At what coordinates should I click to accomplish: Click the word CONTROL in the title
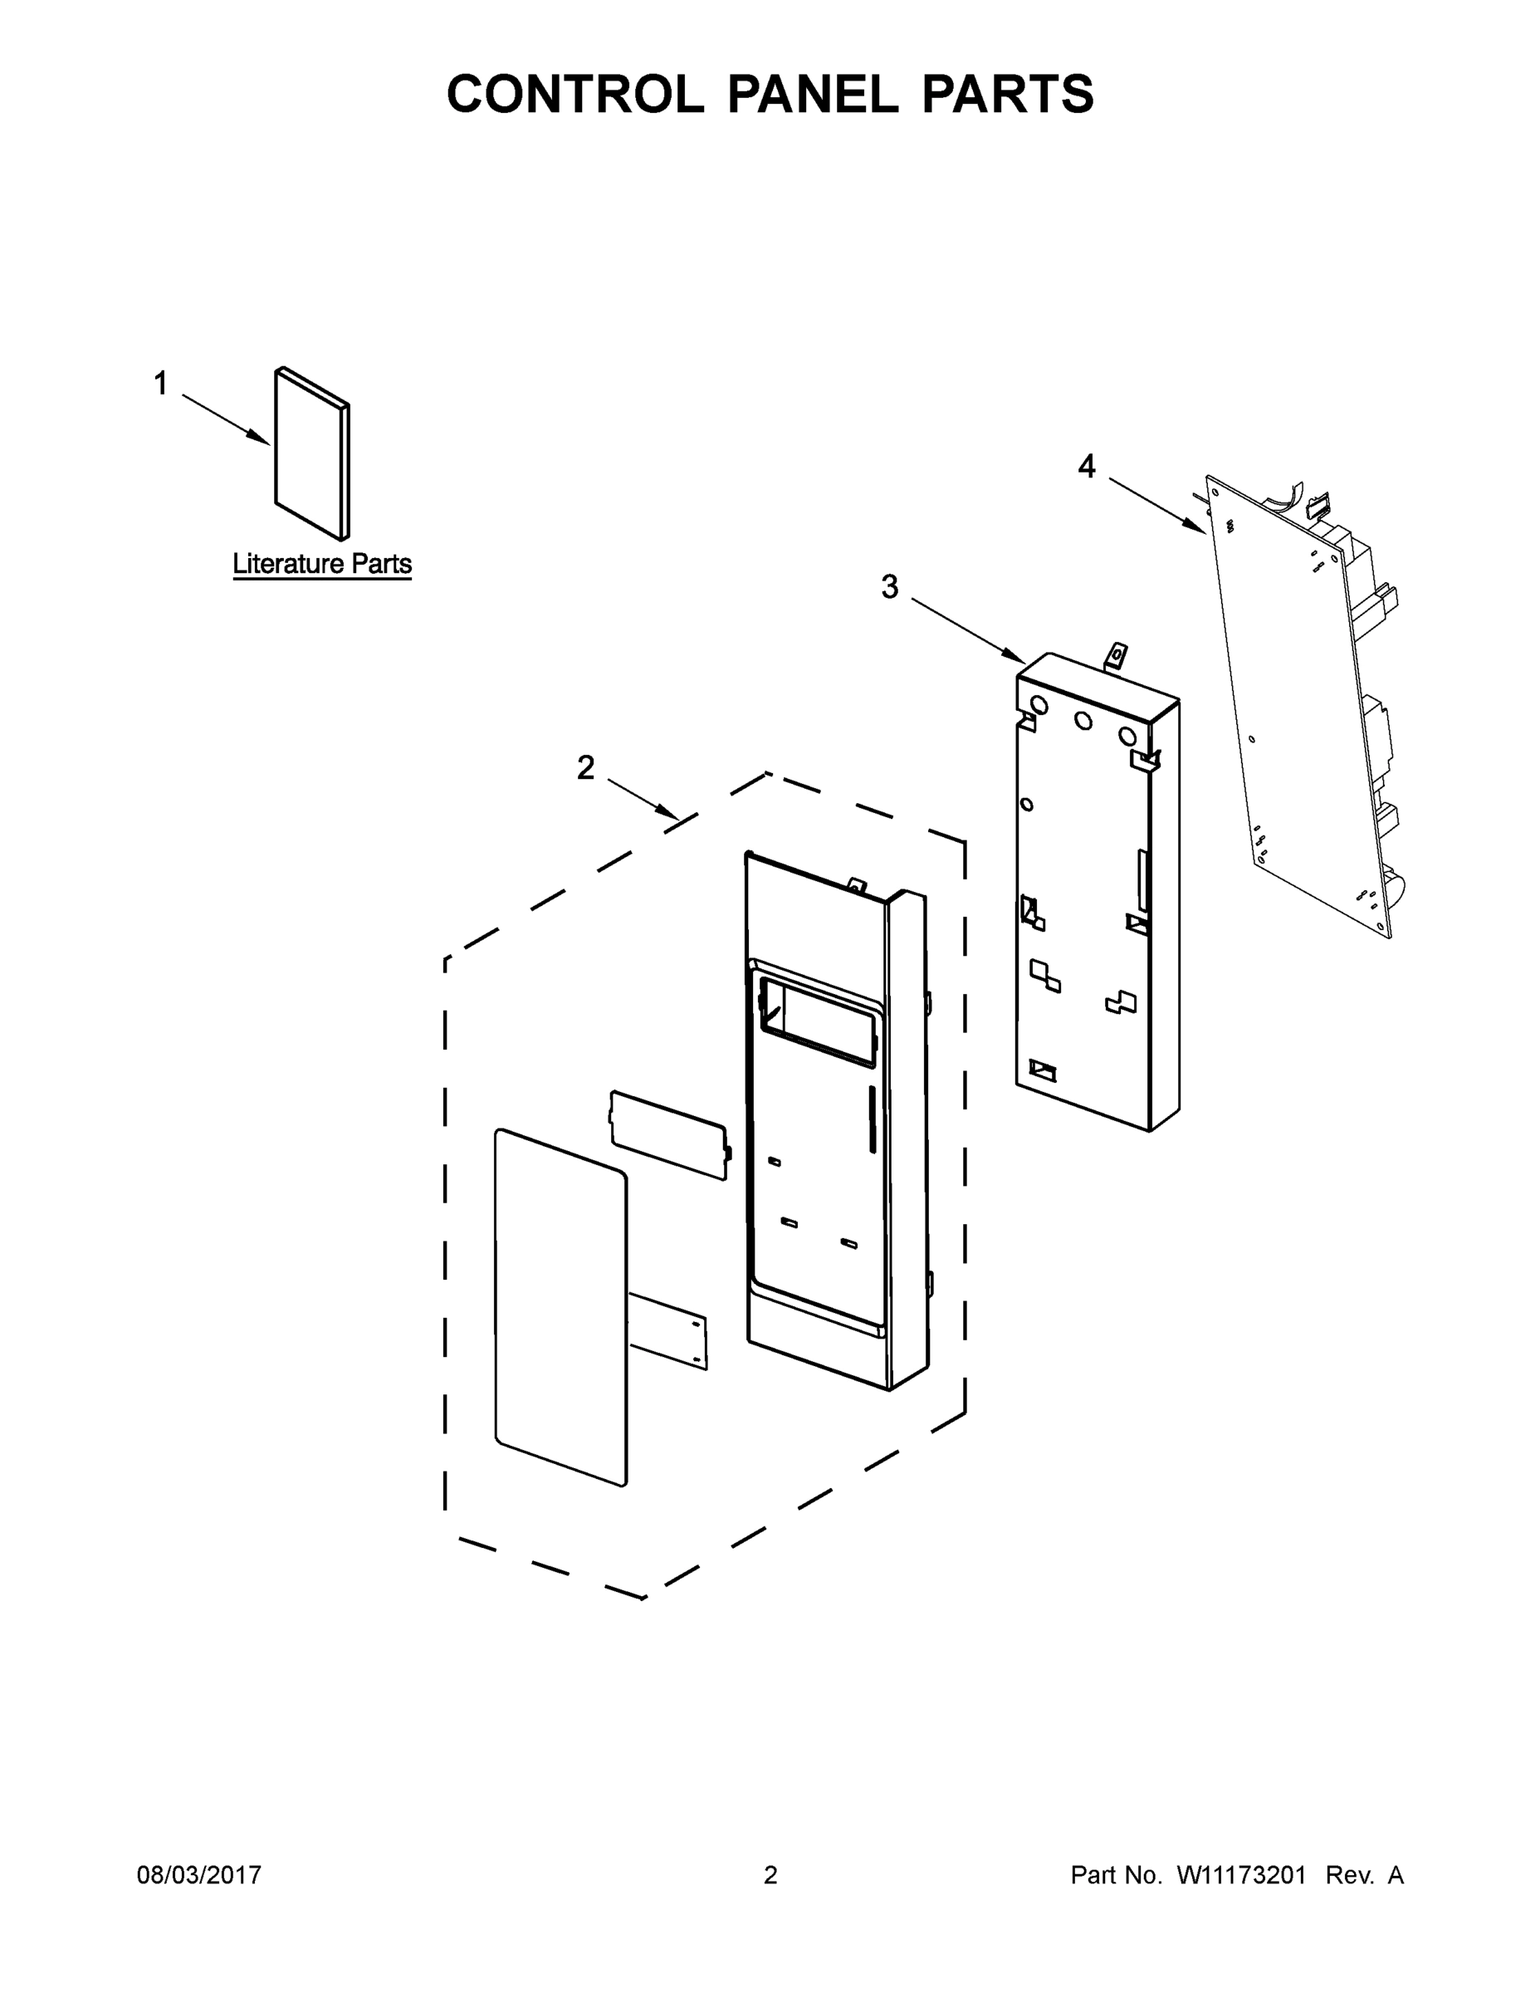coord(574,94)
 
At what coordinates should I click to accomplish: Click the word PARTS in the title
coord(1007,94)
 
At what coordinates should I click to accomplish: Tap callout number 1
coord(160,384)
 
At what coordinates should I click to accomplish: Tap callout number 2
coord(584,767)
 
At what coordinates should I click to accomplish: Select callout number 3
coord(889,587)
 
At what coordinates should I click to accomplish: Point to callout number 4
coord(1086,467)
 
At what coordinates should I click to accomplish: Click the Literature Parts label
coord(322,564)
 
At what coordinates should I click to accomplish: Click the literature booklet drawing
coord(310,453)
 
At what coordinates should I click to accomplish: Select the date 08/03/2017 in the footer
coord(199,1875)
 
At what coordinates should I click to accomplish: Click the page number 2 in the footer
coord(770,1875)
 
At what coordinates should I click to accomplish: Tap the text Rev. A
coord(1364,1875)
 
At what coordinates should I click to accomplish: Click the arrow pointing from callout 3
coord(969,630)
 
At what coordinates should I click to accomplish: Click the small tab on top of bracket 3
coord(1115,655)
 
